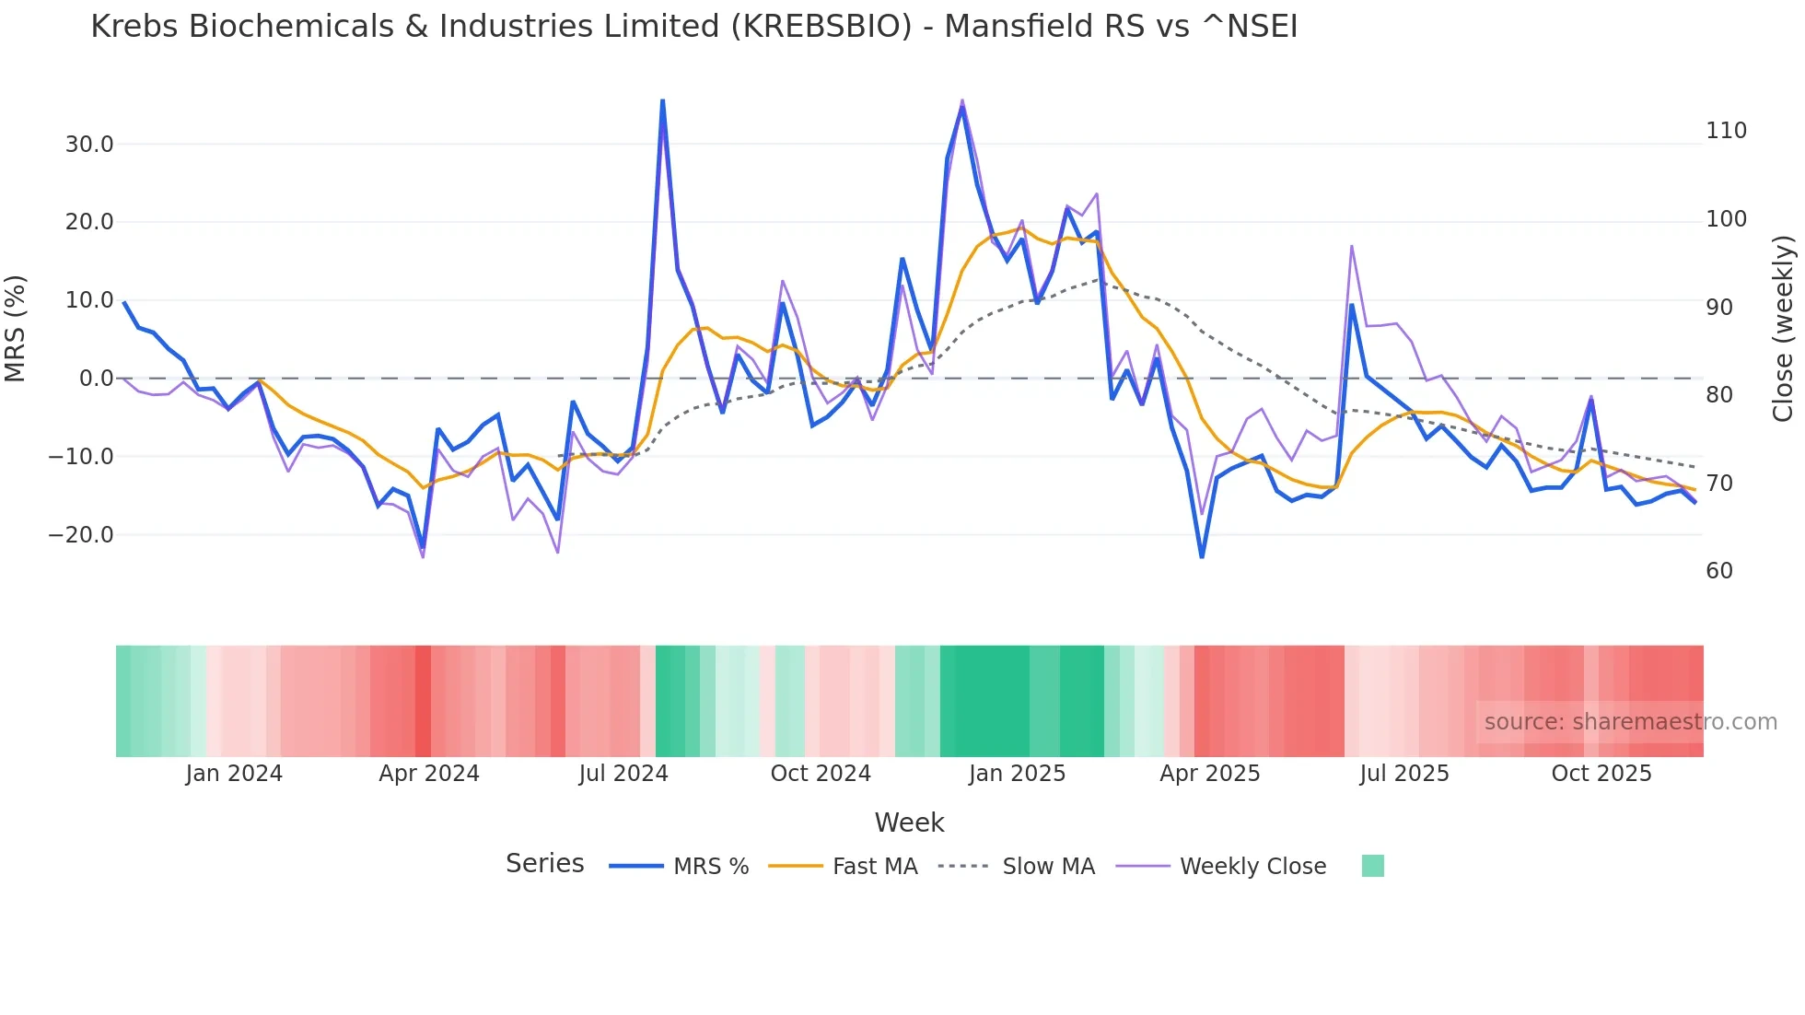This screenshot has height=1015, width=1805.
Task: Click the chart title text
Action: coord(693,27)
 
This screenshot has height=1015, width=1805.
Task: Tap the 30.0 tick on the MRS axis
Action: coord(89,145)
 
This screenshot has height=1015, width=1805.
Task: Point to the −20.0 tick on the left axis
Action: coord(81,535)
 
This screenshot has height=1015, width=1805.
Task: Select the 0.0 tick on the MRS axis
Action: coord(97,379)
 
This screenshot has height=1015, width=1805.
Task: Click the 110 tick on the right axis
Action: coord(1726,131)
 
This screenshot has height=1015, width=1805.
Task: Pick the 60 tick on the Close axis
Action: coord(1719,571)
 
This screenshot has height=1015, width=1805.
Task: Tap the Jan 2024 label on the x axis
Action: coord(234,774)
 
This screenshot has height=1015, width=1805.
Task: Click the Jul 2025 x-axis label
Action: coord(1403,774)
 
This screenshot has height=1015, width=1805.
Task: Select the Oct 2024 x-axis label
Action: coord(821,774)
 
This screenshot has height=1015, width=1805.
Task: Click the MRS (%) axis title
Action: coord(16,329)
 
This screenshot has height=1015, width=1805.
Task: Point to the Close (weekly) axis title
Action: coord(1784,329)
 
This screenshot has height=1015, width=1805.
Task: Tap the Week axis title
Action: coord(909,822)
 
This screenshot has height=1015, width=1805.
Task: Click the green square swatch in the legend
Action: coord(1372,866)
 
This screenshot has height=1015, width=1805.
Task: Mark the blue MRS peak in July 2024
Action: coord(663,100)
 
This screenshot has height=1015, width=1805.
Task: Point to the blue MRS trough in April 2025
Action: coord(1202,556)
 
